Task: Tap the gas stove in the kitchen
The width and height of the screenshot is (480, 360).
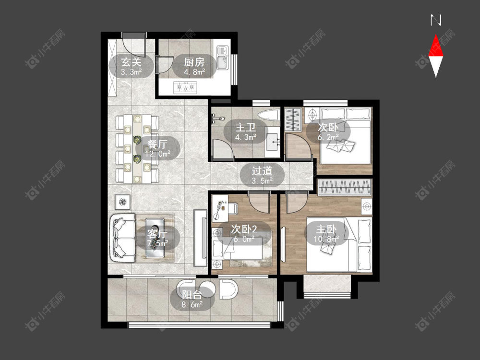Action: point(185,87)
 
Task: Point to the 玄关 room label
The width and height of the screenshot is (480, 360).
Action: point(132,62)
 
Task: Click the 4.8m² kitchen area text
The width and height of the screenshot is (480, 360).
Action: point(194,72)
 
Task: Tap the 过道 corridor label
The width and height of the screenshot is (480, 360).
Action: point(262,171)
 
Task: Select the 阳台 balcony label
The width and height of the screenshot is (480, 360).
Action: point(192,295)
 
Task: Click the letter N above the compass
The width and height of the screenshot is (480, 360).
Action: point(436,20)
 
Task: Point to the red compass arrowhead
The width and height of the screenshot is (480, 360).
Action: point(436,46)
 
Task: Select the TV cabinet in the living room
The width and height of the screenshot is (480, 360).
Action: point(200,238)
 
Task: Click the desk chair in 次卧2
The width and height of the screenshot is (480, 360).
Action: point(233,208)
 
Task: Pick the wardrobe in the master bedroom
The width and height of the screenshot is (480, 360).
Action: point(345,187)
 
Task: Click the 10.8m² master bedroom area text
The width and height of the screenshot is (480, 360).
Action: point(326,239)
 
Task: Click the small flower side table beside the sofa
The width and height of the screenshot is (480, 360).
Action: point(122,202)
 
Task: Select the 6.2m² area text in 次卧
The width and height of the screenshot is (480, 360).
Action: point(328,137)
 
